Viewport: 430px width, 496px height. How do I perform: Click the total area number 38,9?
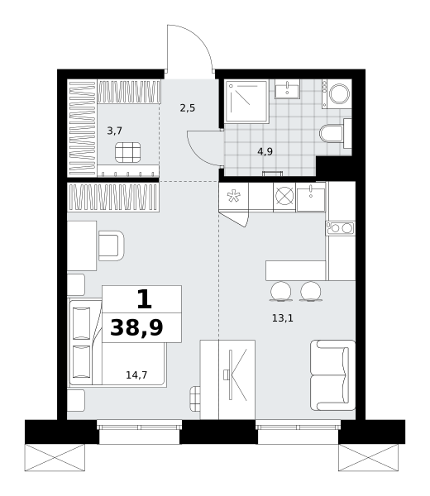[136, 327]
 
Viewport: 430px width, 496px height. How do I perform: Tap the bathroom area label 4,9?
[265, 151]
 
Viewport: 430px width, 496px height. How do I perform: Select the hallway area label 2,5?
[188, 108]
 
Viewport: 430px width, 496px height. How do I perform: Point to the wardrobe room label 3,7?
[115, 131]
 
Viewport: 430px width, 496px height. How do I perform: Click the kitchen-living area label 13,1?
[283, 318]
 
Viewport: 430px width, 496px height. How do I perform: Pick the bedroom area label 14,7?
[136, 374]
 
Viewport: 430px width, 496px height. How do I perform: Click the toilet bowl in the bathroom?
[332, 134]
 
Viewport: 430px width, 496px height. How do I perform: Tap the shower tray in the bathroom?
[246, 101]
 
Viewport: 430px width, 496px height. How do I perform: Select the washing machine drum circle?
[340, 94]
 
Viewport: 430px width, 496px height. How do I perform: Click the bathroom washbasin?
[287, 88]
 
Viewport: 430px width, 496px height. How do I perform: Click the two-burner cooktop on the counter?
[341, 228]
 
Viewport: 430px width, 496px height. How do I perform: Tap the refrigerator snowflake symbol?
[234, 196]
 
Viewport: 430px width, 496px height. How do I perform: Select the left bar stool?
[280, 291]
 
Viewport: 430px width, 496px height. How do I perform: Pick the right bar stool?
[311, 291]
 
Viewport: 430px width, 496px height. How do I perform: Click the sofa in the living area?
[333, 375]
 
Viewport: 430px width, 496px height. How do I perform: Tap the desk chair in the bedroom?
[111, 246]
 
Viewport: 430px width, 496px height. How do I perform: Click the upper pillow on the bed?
[82, 323]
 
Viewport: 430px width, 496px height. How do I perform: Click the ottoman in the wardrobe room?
[128, 152]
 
